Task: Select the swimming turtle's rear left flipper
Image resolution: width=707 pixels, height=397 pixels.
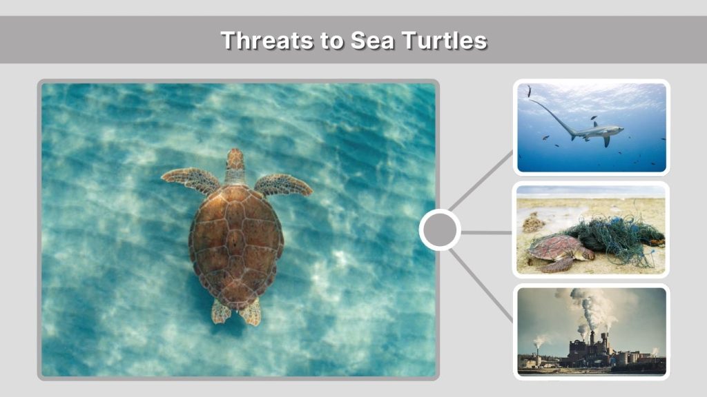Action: pos(221,311)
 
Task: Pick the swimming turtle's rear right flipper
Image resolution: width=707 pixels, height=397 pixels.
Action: pos(251,312)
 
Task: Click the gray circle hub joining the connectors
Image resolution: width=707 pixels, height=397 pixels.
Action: pos(440,230)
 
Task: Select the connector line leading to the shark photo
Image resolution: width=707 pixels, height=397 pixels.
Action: pos(483,182)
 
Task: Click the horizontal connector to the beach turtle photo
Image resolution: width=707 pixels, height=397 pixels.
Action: pos(486,232)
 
